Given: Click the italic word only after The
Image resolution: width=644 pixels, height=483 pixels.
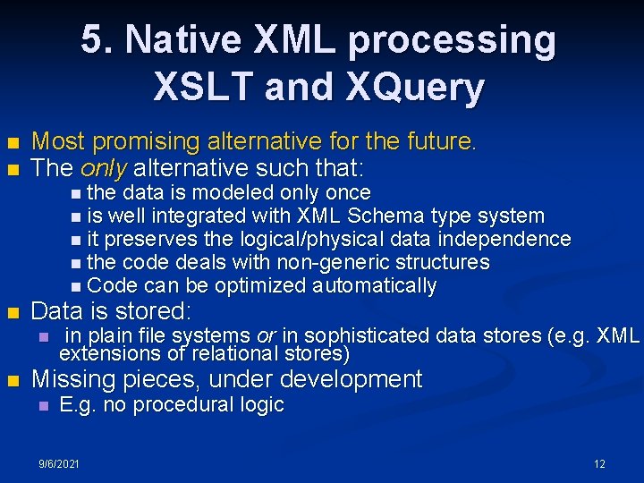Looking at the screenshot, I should (x=100, y=167).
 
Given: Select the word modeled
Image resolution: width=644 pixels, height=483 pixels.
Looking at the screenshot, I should (x=235, y=192).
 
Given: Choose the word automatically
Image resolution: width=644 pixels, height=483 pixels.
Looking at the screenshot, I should (x=374, y=286).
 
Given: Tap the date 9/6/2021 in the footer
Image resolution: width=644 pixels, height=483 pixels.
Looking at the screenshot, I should (x=58, y=463).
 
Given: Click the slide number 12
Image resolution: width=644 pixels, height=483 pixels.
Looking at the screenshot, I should (x=599, y=463).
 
